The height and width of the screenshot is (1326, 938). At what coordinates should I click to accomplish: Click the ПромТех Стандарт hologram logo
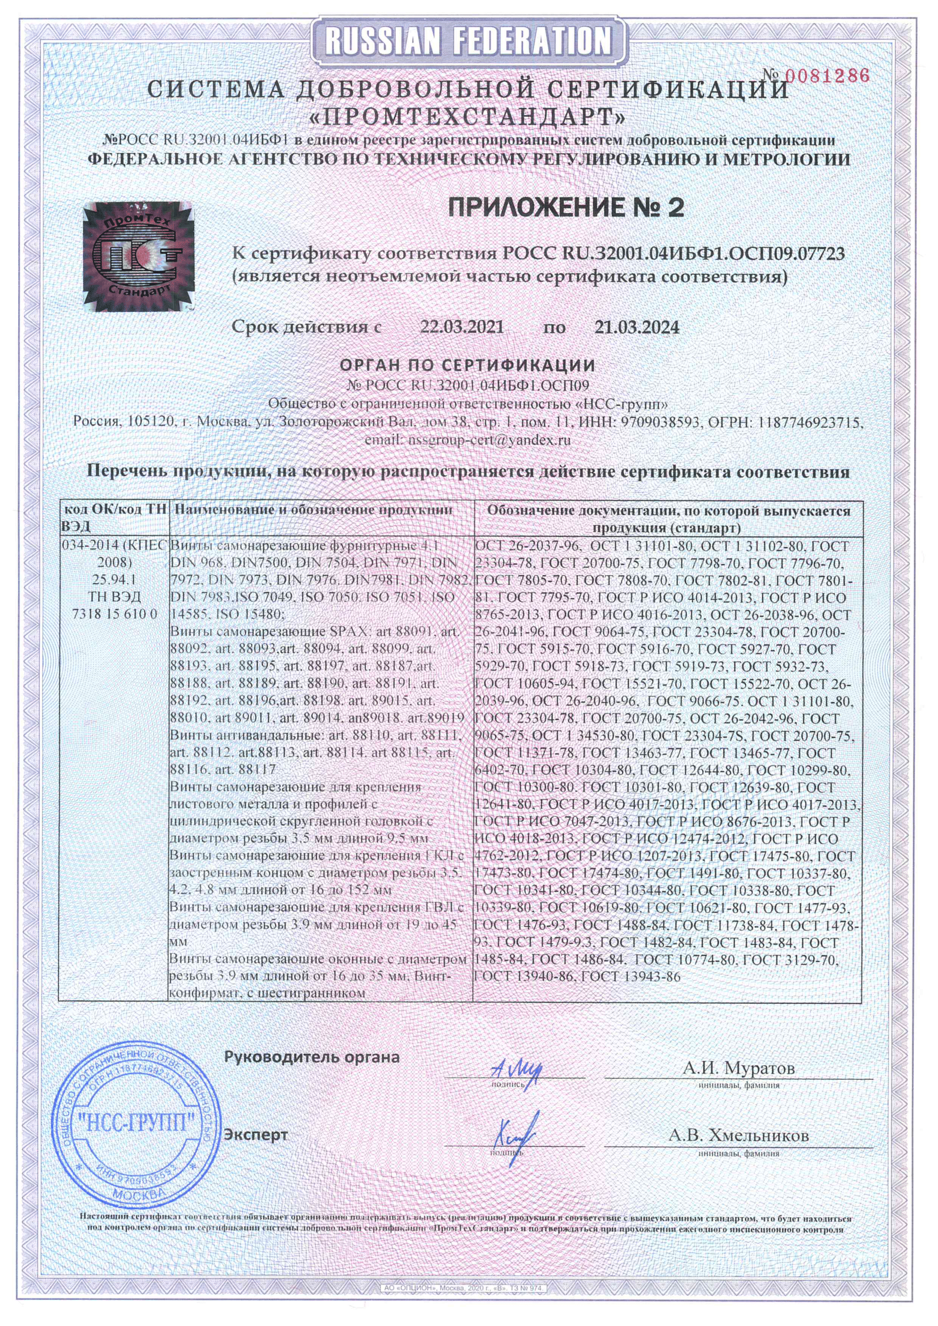[x=137, y=257]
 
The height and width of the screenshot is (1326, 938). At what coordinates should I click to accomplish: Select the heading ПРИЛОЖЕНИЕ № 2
[x=566, y=208]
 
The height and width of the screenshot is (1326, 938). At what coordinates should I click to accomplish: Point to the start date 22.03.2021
[x=462, y=327]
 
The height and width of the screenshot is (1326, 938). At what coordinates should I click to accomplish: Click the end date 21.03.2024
[x=636, y=327]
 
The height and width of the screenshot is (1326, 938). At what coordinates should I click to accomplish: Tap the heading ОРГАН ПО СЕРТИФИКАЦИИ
[x=467, y=365]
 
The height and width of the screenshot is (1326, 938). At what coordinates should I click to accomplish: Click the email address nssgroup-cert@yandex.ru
[x=468, y=440]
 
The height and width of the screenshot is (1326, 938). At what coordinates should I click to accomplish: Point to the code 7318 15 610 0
[x=115, y=613]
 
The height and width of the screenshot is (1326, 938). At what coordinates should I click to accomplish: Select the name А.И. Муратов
[x=738, y=1068]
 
